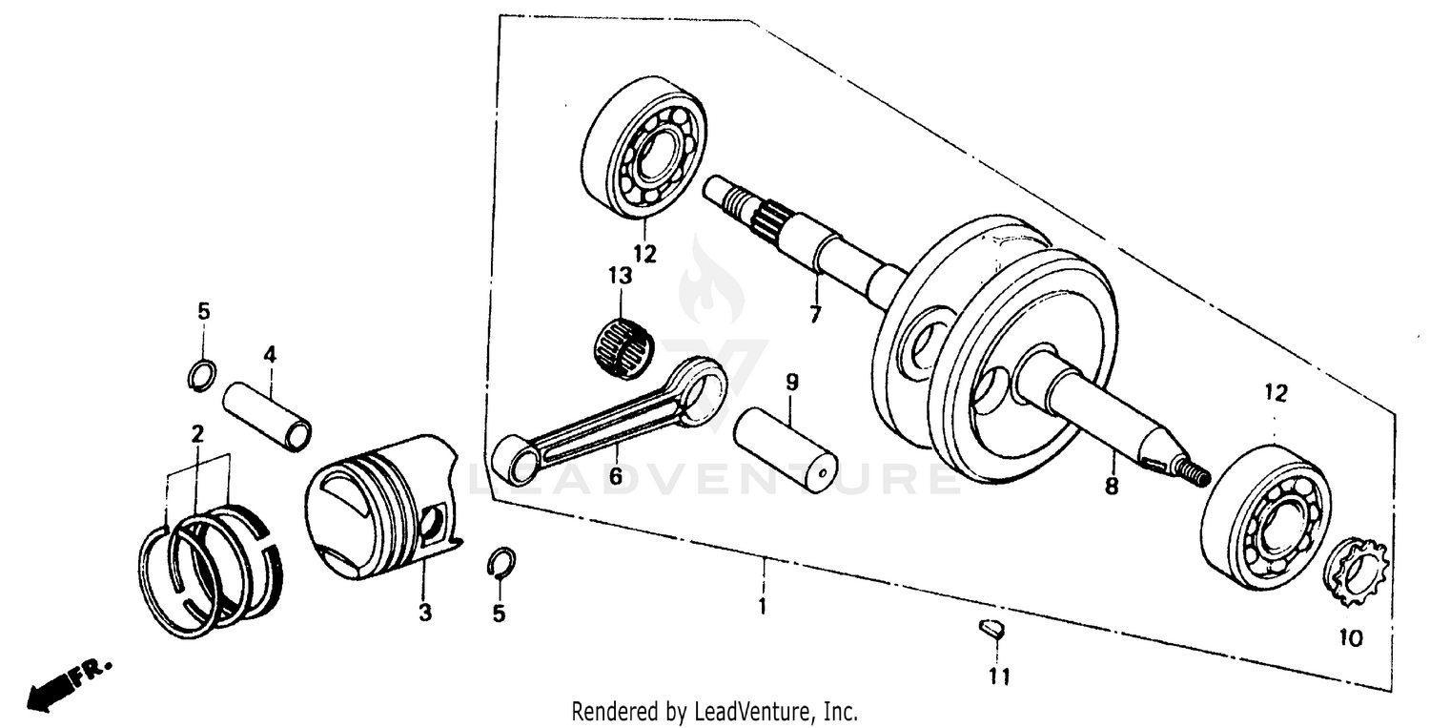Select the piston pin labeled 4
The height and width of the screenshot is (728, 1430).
[268, 407]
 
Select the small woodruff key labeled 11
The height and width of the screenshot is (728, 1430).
[991, 629]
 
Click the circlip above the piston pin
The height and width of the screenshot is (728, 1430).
[202, 375]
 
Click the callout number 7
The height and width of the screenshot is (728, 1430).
[815, 315]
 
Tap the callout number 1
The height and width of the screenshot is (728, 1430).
[762, 606]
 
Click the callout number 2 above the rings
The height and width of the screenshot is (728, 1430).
[197, 434]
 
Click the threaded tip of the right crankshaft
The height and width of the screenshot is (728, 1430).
[1194, 472]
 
